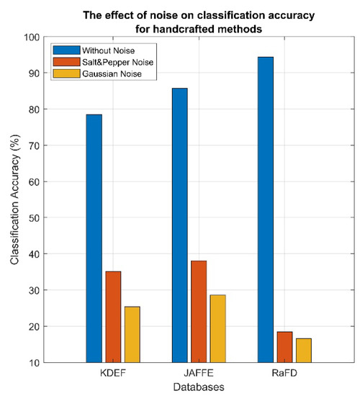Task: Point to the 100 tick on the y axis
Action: tap(31, 37)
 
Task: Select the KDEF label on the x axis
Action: tap(113, 374)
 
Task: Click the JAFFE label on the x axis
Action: tap(199, 374)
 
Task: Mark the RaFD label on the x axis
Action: tap(284, 374)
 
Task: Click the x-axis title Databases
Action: tap(199, 387)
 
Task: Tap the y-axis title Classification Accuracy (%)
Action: tap(14, 199)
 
